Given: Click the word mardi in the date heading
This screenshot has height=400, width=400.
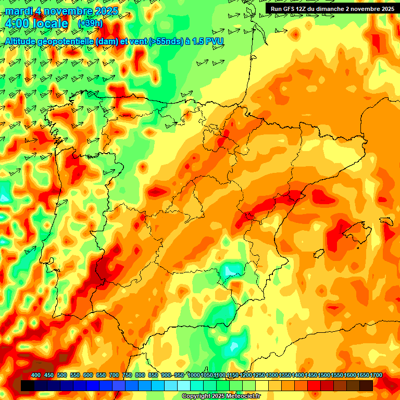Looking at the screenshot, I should (19, 11).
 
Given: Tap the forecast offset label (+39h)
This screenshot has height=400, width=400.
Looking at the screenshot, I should (90, 23).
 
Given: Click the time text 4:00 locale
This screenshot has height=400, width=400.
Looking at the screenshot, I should (36, 24).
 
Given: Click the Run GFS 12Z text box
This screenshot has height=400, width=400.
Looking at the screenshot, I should (330, 9).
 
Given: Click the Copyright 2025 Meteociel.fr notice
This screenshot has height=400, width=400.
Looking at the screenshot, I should (221, 396).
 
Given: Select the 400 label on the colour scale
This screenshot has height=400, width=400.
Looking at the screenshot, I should (36, 376).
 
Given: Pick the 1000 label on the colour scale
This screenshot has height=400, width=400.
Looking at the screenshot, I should (194, 376).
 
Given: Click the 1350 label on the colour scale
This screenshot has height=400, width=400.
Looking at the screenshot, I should (285, 376).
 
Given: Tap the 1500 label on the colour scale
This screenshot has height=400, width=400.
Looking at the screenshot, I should (324, 376).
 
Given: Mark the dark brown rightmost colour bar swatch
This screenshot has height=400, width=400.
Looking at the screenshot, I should (366, 385).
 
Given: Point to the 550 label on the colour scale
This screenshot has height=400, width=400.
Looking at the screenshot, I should (75, 376).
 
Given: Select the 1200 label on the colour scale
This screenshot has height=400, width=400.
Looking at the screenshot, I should (246, 376).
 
